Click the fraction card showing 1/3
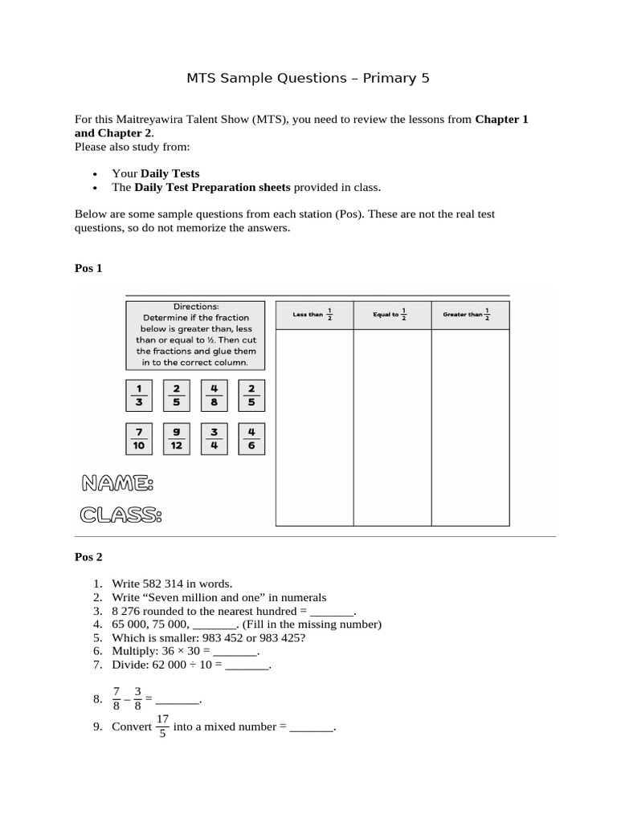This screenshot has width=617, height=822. click(x=139, y=395)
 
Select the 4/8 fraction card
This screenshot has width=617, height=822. click(x=214, y=395)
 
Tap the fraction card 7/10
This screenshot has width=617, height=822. click(x=139, y=438)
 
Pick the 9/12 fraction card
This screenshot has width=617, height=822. click(x=177, y=438)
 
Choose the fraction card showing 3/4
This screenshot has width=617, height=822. click(x=214, y=438)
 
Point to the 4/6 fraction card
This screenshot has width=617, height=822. click(x=251, y=438)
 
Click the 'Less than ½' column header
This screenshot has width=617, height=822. click(x=314, y=315)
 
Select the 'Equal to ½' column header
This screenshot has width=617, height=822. click(x=392, y=315)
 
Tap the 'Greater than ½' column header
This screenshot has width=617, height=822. click(x=470, y=315)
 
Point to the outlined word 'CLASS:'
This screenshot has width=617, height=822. click(x=121, y=515)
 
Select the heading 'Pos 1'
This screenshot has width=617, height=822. click(x=88, y=268)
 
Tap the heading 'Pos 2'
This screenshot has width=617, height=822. click(x=88, y=556)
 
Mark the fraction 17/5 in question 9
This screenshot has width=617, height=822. click(x=162, y=726)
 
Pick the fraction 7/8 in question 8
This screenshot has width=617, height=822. click(x=116, y=698)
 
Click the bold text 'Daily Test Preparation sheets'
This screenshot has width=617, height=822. click(x=212, y=187)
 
